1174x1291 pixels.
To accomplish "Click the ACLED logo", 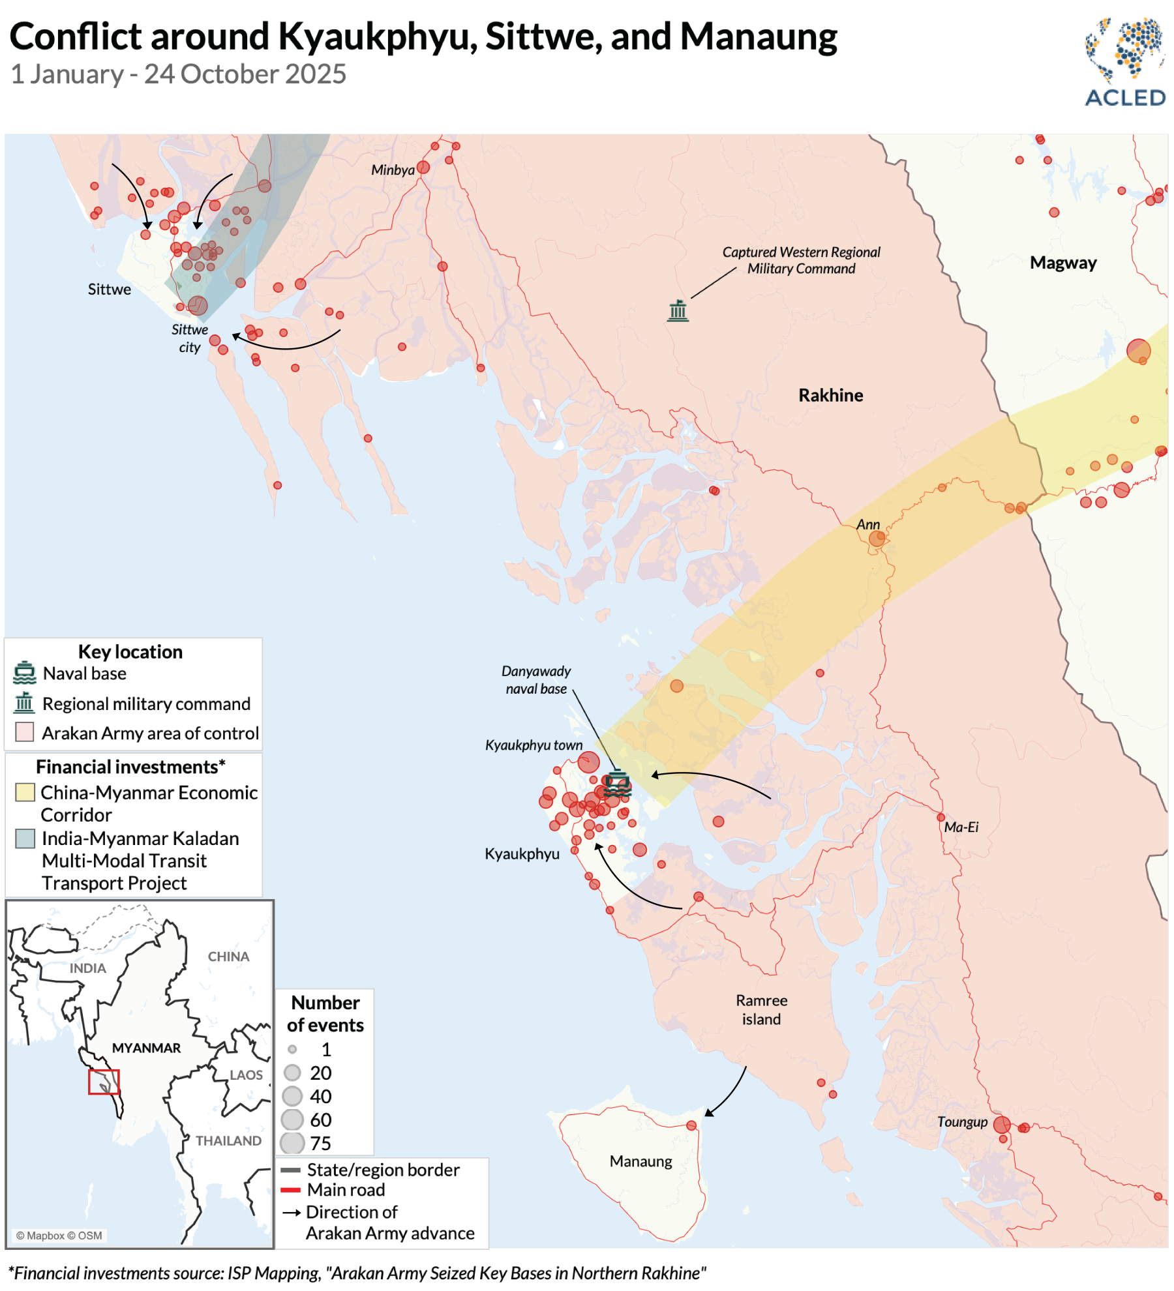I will point(1124,63).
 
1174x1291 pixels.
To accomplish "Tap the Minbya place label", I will point(393,170).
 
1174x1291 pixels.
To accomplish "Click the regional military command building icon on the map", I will point(678,310).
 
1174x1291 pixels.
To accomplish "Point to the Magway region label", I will point(1063,263).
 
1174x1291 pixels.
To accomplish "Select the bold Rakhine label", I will point(830,395).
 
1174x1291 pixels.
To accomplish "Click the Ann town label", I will point(867,524).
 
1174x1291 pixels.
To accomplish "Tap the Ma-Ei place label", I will point(961,827).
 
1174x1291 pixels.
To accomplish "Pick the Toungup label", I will point(962,1121).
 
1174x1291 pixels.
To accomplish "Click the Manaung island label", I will point(640,1161).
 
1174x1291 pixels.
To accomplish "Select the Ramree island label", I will point(761,1009).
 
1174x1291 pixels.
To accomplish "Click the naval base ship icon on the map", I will point(617,782).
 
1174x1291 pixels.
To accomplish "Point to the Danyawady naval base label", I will point(536,679).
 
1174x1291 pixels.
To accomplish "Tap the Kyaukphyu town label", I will point(534,745).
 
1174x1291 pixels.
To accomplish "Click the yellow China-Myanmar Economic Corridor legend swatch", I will point(25,792).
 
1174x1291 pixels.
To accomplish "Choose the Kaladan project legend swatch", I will point(25,838).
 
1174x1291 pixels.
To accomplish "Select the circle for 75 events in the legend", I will point(292,1142).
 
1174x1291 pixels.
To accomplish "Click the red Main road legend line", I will point(290,1190).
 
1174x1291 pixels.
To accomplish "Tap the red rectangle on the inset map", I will point(104,1082).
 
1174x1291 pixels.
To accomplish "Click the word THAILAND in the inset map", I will point(228,1140).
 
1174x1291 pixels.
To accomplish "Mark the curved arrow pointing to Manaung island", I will point(728,1093).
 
